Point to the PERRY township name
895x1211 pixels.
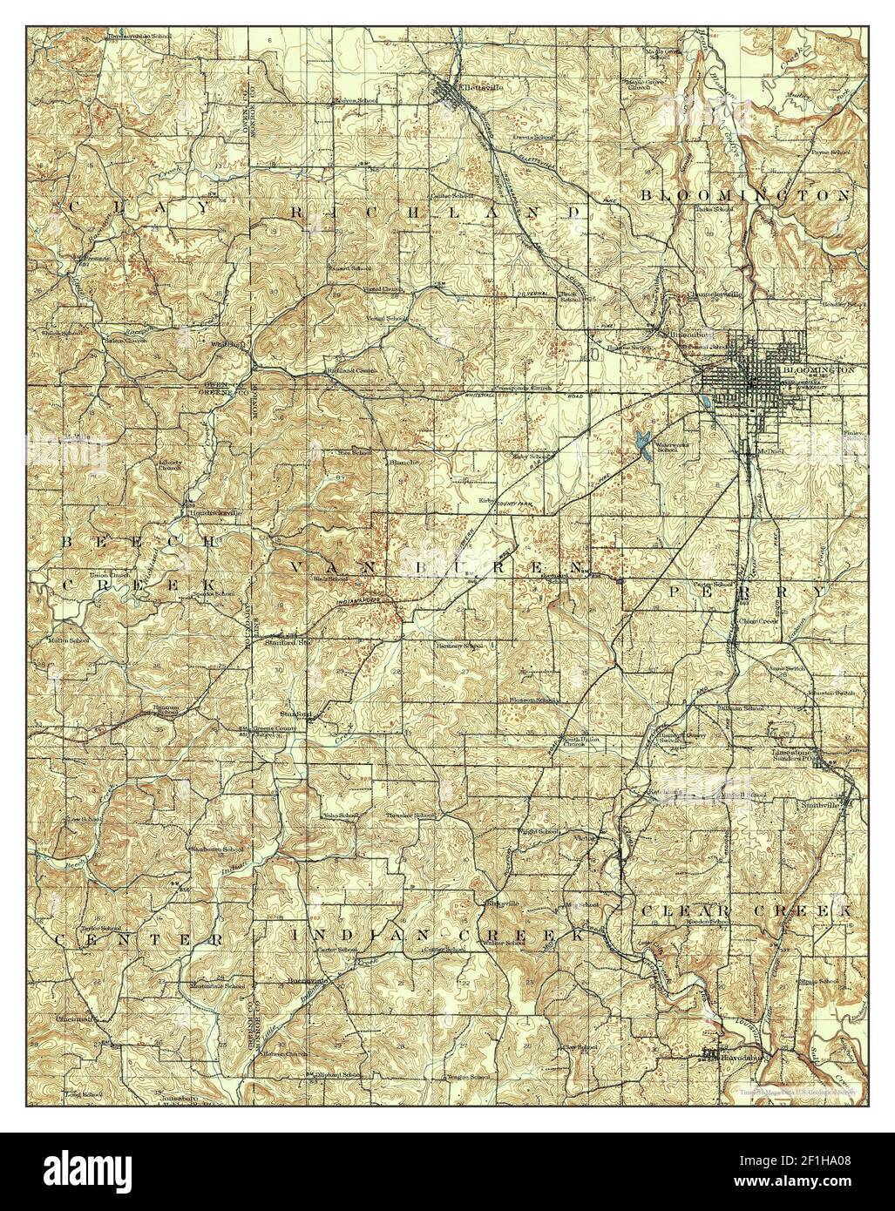[744, 591]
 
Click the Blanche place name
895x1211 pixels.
[402, 462]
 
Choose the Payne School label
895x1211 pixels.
[829, 152]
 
